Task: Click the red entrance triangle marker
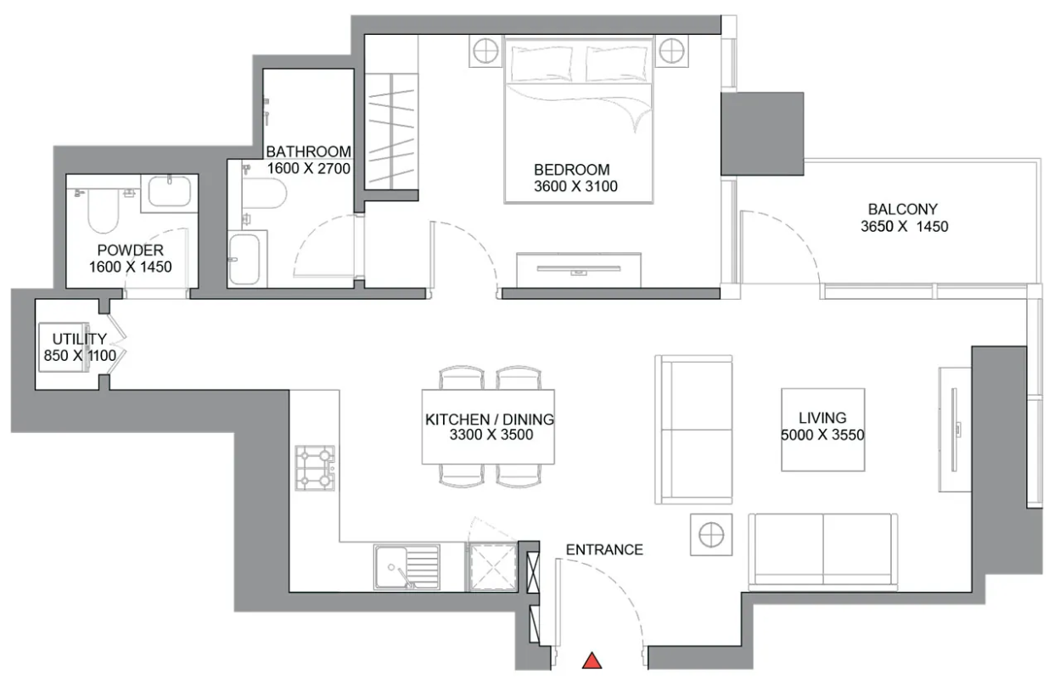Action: (592, 661)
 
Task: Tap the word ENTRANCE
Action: (604, 549)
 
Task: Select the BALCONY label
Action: (902, 209)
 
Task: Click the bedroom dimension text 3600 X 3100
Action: (575, 187)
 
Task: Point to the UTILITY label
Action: (80, 339)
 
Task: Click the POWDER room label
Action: (130, 250)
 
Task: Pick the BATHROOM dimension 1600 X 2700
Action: (309, 168)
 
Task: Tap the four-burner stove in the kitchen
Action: (315, 468)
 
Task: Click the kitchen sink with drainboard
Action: (407, 566)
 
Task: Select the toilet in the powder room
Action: (104, 211)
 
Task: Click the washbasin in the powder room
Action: (170, 192)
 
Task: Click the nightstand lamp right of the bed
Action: (672, 51)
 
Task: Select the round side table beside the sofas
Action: (711, 534)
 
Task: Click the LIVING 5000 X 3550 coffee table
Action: (823, 430)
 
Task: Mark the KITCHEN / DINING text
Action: (490, 419)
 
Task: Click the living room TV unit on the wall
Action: (955, 430)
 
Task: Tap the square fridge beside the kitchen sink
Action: (492, 566)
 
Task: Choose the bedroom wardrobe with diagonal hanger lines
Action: (391, 131)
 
